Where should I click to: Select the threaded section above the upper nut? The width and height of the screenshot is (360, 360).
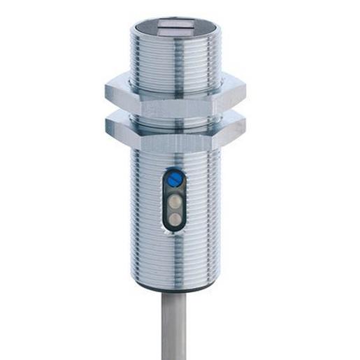point(175,59)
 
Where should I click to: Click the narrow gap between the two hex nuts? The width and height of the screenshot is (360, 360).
point(175,116)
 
